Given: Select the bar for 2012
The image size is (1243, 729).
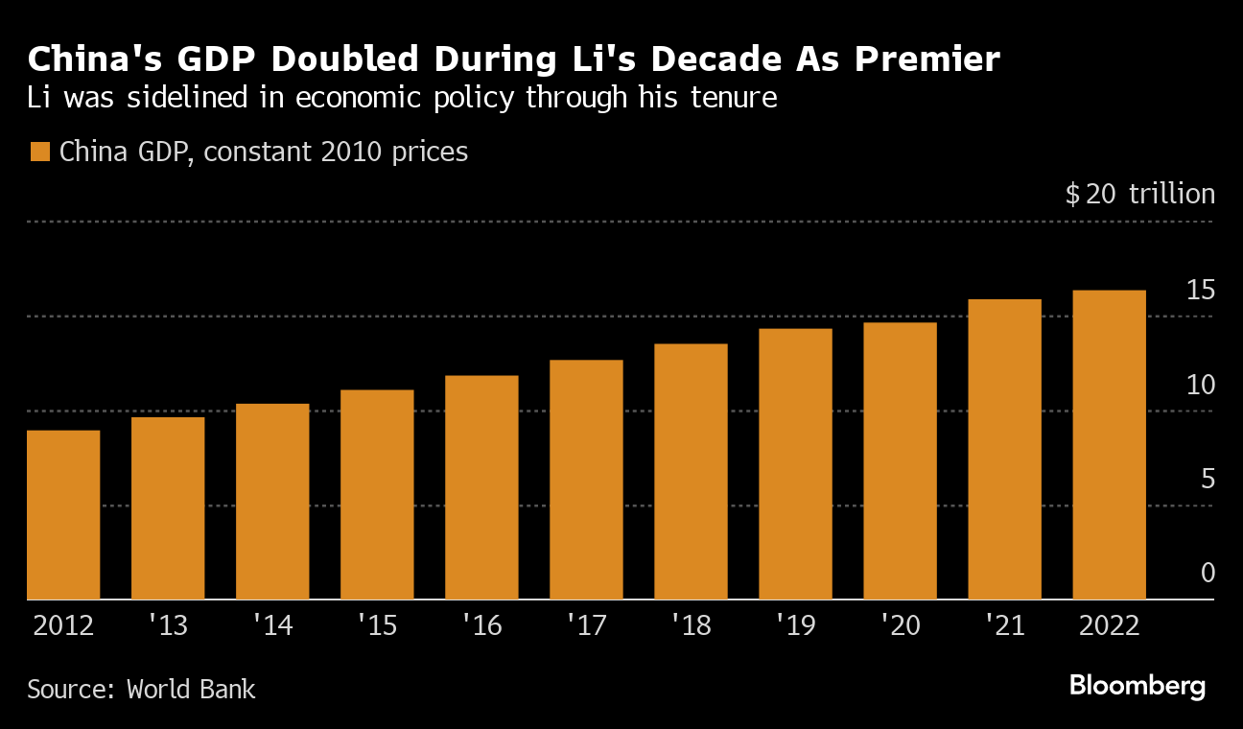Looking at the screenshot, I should (x=63, y=515).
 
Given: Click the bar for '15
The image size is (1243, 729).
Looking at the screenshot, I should (x=377, y=495).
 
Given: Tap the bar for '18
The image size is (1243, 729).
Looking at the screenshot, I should (x=691, y=472).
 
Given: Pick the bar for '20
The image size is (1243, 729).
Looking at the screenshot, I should (x=900, y=461).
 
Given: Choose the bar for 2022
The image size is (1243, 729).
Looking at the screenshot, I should (x=1109, y=445).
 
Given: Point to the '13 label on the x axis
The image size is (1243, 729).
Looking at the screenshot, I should (x=168, y=626).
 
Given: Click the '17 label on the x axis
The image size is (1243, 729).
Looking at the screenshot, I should (x=586, y=626).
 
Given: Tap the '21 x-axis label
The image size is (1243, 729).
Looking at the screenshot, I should (x=1004, y=626).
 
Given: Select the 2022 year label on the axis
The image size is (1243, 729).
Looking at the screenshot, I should (x=1109, y=626).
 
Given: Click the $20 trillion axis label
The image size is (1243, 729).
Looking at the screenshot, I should (x=1139, y=195).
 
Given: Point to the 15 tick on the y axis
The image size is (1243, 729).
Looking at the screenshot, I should (x=1201, y=290).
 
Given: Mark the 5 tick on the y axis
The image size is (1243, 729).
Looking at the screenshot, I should (x=1208, y=479).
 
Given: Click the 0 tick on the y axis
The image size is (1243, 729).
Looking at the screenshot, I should (x=1208, y=574).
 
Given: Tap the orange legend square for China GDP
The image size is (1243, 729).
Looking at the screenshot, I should (x=39, y=153).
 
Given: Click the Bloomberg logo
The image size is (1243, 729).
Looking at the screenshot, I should (x=1137, y=686).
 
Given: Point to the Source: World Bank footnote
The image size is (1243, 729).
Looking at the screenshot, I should (x=141, y=689).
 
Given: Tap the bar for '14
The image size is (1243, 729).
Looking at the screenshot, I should (x=272, y=502).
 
